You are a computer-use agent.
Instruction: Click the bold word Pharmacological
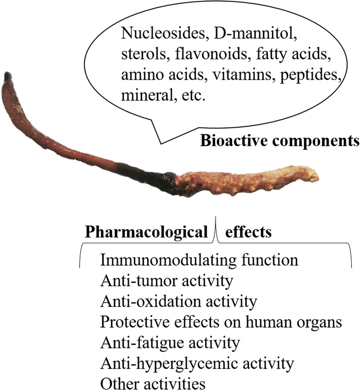(x=146, y=232)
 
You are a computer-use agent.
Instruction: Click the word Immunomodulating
(x=168, y=260)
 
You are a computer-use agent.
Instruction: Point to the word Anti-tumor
(x=138, y=281)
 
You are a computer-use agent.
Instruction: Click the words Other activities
(x=153, y=383)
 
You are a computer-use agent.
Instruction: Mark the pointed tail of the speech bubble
(x=161, y=143)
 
